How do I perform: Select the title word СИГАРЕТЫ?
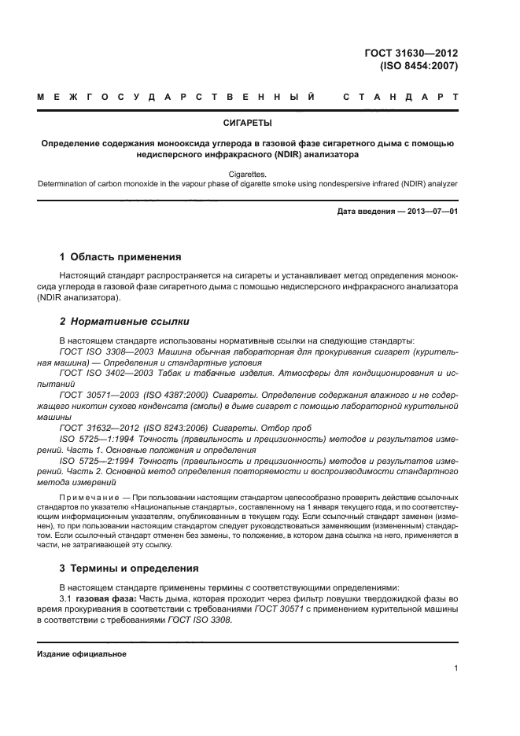tap(248, 123)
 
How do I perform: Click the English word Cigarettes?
tap(248, 173)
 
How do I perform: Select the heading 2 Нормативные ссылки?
tap(124, 322)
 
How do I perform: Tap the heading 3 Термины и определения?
tap(130, 568)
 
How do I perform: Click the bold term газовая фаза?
tap(107, 598)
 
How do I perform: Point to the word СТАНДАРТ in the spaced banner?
tap(401, 98)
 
